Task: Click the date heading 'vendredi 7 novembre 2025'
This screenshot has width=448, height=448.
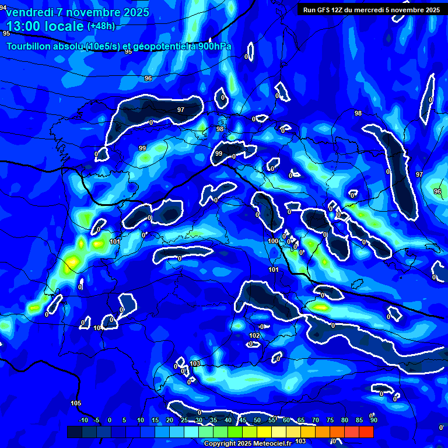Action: click(x=78, y=12)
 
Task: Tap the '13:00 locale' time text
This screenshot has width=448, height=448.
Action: click(x=45, y=26)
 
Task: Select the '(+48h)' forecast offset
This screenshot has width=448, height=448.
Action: click(x=101, y=26)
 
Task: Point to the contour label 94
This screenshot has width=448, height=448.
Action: click(x=3, y=7)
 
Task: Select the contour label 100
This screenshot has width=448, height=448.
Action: click(x=273, y=241)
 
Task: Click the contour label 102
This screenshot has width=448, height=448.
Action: click(x=254, y=335)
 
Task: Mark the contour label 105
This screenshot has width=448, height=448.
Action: click(x=76, y=403)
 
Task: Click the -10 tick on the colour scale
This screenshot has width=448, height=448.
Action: click(x=83, y=420)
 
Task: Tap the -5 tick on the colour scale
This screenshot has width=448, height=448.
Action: click(x=97, y=420)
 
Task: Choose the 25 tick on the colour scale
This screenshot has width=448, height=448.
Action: click(x=184, y=420)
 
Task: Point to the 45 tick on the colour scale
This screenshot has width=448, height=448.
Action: click(x=243, y=420)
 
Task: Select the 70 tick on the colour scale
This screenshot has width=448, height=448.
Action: click(x=316, y=420)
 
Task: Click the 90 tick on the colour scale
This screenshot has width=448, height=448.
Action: click(x=374, y=420)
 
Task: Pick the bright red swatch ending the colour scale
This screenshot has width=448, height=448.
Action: click(x=366, y=432)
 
